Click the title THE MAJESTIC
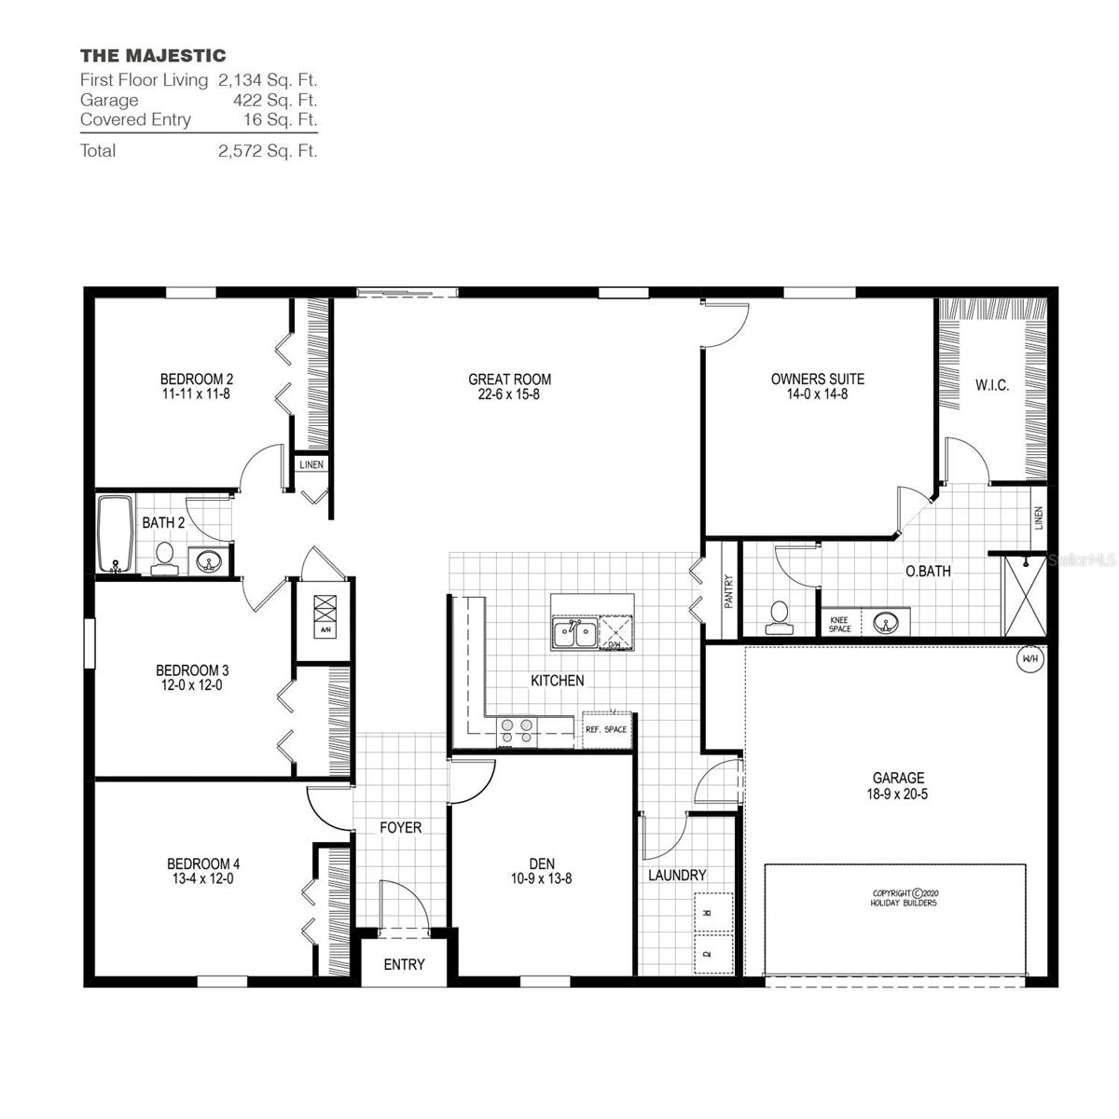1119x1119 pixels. (152, 56)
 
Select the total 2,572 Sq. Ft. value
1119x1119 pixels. (268, 150)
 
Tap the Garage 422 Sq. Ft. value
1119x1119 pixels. (275, 100)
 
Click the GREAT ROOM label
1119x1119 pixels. (509, 380)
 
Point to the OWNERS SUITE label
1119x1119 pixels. (817, 380)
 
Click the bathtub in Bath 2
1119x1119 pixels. (116, 533)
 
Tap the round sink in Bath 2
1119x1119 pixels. (208, 560)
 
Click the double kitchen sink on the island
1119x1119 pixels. (574, 634)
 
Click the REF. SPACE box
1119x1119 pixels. (606, 729)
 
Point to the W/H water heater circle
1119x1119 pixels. (1029, 659)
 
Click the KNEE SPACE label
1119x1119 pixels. (839, 624)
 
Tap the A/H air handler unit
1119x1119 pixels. (325, 615)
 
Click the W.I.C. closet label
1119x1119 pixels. (992, 385)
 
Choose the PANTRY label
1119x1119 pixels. (728, 591)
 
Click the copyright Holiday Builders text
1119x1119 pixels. (903, 897)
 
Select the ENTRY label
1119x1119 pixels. (404, 964)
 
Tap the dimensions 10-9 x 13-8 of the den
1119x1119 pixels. (541, 878)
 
